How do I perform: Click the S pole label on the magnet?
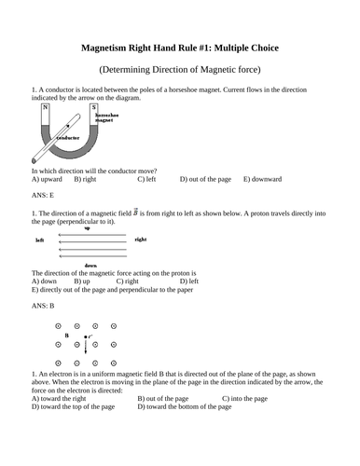point(93,107)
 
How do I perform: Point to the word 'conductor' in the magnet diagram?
point(68,137)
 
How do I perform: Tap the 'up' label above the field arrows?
point(88,229)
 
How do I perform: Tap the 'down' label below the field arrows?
point(90,265)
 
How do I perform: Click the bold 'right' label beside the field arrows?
point(140,240)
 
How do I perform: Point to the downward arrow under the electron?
point(86,347)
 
